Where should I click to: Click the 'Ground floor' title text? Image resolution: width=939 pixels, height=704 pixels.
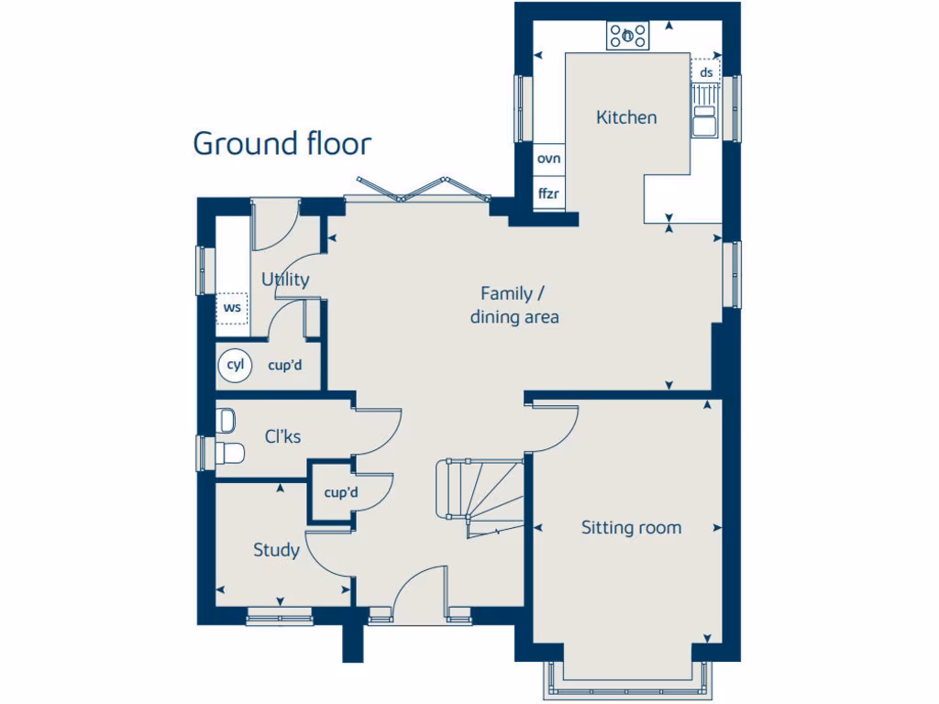tap(282, 144)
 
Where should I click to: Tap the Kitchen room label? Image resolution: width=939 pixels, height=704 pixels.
tap(626, 117)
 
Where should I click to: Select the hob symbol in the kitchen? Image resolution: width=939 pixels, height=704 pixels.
tap(628, 36)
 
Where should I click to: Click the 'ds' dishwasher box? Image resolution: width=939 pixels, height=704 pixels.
tap(705, 71)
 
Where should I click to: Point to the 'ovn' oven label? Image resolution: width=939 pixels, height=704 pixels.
tap(548, 159)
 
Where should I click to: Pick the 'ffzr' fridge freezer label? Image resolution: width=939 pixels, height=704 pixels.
tap(548, 193)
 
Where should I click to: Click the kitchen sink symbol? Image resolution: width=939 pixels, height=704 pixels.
tap(704, 120)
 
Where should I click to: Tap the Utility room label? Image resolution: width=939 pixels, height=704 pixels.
tap(285, 280)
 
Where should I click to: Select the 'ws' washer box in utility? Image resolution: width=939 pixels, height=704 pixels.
tap(233, 308)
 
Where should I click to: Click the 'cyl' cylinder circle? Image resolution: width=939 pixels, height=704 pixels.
tap(236, 365)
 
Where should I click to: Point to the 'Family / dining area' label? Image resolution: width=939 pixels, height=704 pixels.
tap(514, 305)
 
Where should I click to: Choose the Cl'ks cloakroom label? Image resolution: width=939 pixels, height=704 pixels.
tap(282, 437)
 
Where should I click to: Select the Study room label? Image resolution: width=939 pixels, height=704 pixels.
tap(276, 550)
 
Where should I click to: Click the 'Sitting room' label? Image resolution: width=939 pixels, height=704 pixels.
tap(631, 527)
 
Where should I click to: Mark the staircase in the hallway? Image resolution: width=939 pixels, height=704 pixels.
tap(477, 500)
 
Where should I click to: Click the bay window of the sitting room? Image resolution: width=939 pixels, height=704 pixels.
tap(630, 684)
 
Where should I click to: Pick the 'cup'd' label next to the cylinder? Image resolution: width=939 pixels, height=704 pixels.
tap(285, 365)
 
